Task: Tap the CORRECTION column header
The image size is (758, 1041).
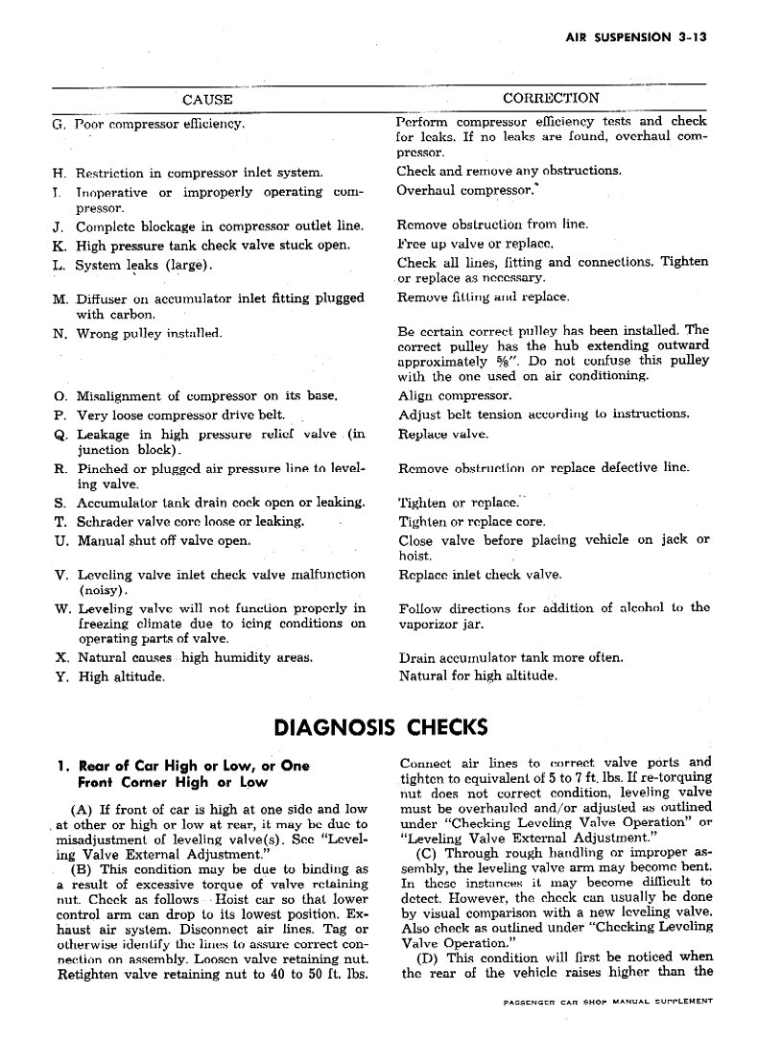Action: [x=551, y=98]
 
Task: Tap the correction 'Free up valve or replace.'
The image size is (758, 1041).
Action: [x=476, y=245]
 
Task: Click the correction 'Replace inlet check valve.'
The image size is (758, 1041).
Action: [x=479, y=576]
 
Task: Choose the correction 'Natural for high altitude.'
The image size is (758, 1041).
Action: [x=478, y=675]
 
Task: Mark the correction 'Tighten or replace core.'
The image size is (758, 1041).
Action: [x=472, y=522]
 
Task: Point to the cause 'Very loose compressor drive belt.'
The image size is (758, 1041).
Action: [x=180, y=414]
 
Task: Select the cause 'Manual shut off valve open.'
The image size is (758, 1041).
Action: [x=164, y=541]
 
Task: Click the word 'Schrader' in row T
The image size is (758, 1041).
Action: [x=108, y=522]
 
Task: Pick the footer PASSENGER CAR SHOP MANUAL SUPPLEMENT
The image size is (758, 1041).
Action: [x=607, y=1001]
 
